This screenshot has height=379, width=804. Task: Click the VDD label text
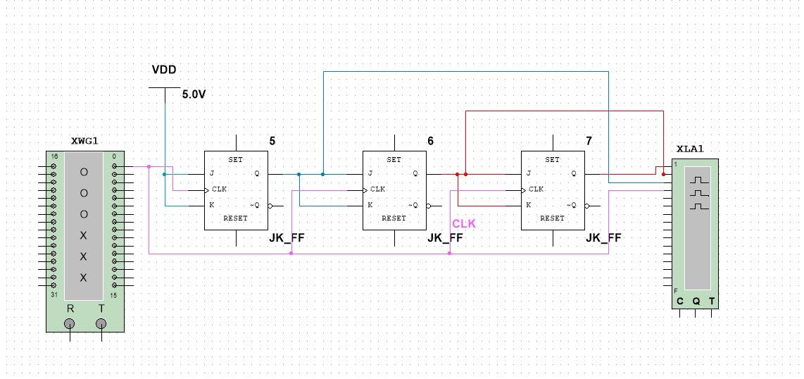point(164,70)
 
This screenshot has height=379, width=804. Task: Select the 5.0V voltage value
point(194,94)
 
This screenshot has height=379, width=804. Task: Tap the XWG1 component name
point(84,141)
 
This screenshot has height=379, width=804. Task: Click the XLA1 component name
point(690,149)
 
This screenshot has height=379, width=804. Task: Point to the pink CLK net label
point(464,223)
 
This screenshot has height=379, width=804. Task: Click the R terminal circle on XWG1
point(70,324)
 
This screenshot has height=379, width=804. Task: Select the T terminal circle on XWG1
point(101,324)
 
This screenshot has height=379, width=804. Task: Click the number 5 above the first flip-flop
point(272,141)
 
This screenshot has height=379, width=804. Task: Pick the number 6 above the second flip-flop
point(430,141)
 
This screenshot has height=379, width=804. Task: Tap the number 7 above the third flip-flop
point(589,141)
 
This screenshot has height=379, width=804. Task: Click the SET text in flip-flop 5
point(235,160)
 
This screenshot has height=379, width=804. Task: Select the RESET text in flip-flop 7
point(552,218)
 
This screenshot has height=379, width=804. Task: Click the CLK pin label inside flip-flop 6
point(377,189)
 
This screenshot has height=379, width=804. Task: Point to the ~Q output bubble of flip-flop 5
point(270,206)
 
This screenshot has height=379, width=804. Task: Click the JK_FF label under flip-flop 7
point(603,238)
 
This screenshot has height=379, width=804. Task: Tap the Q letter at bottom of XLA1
point(696,302)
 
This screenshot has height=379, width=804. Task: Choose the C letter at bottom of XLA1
point(680,302)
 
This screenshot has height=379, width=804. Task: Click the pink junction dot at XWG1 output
point(149,167)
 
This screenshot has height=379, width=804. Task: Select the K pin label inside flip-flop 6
point(370,206)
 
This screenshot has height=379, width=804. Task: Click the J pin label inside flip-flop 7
point(529,174)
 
